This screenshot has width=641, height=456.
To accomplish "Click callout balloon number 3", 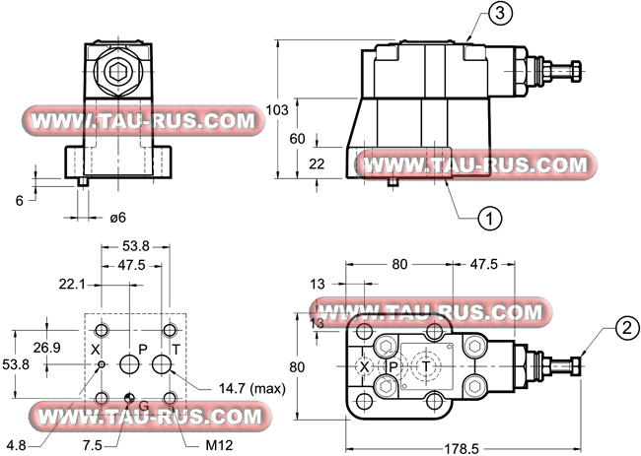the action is click(x=500, y=14).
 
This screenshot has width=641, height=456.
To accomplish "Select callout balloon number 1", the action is click(x=490, y=218).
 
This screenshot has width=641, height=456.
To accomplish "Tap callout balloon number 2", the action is click(x=627, y=328).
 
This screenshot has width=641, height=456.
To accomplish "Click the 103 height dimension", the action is click(x=277, y=110).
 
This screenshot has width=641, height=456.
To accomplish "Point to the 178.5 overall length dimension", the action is click(x=462, y=449).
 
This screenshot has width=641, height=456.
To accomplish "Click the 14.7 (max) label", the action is click(x=251, y=388).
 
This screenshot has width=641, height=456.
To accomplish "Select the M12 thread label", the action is click(x=219, y=445).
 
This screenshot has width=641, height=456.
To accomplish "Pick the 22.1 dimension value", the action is click(x=72, y=284).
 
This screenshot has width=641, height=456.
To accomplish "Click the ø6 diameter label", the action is click(x=117, y=218).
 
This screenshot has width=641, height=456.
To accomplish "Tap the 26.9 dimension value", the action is click(x=46, y=348).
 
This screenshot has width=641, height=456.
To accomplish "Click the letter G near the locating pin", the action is click(x=144, y=406).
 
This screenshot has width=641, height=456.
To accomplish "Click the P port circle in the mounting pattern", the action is click(x=130, y=363).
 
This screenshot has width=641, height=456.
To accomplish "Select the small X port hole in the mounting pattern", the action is click(x=102, y=364).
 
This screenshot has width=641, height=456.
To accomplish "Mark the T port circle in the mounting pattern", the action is click(x=162, y=363).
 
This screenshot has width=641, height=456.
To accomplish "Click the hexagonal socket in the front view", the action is click(x=117, y=72).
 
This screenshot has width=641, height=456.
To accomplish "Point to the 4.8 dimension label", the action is click(x=17, y=445).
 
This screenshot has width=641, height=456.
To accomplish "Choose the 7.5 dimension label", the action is click(x=93, y=445).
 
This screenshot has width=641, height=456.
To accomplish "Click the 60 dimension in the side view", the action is click(x=297, y=139).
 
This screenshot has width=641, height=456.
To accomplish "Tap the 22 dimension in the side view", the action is click(x=317, y=163).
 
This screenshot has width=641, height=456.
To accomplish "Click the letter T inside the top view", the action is click(x=426, y=366).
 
